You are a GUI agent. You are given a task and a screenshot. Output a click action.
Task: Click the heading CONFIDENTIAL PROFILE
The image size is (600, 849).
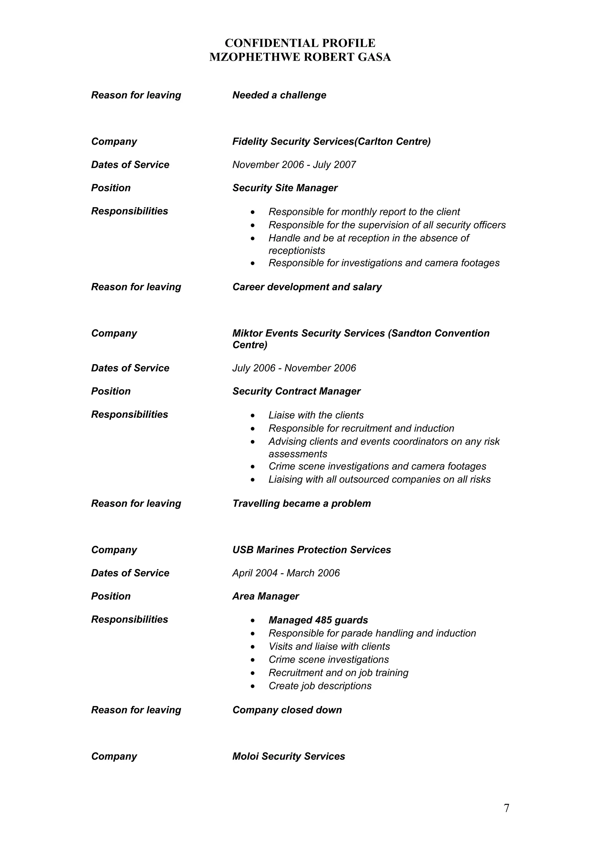[x=300, y=43]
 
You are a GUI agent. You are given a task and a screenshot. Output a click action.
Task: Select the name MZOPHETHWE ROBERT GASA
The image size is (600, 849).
[x=300, y=57]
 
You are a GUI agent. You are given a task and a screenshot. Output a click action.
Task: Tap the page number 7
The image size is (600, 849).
[x=506, y=808]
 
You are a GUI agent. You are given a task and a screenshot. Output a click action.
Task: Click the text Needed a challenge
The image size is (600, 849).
[x=279, y=96]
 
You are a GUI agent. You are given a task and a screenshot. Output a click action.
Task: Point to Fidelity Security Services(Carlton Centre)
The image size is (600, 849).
[x=331, y=141]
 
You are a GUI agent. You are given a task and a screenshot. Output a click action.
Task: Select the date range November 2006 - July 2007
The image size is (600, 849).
[x=294, y=165]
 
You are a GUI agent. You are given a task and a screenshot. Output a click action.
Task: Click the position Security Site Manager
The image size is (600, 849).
[x=285, y=188]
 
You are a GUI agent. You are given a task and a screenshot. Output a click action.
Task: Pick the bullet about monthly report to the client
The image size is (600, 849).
[x=364, y=212]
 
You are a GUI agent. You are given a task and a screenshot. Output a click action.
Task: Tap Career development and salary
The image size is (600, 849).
[x=307, y=287]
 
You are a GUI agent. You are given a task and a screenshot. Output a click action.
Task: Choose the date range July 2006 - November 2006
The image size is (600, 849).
[x=294, y=368]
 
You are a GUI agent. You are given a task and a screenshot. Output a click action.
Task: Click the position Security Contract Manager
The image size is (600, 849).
[x=296, y=392]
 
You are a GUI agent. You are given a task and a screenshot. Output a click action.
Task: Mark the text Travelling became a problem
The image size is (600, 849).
[x=301, y=504]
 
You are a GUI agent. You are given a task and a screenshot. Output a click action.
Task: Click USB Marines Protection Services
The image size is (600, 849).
[x=311, y=550]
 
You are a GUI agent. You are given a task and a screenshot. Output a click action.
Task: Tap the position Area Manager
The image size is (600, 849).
[x=265, y=596]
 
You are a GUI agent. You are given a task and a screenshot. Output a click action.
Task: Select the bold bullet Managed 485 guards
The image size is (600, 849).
[x=318, y=620]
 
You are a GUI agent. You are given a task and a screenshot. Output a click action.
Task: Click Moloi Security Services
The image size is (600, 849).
[x=288, y=756]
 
